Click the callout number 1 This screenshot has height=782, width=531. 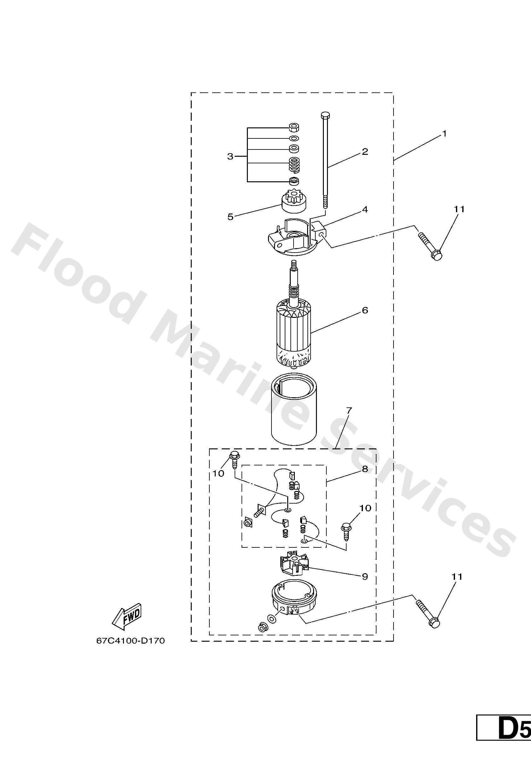pos(444,134)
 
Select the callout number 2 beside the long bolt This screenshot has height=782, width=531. pos(365,151)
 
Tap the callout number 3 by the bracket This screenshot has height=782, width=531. pos(230,156)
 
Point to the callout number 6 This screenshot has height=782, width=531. pos(365,310)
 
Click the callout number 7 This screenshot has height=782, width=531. pos(349,411)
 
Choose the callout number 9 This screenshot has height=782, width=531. pos(365,576)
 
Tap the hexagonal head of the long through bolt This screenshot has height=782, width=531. pos(325,115)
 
